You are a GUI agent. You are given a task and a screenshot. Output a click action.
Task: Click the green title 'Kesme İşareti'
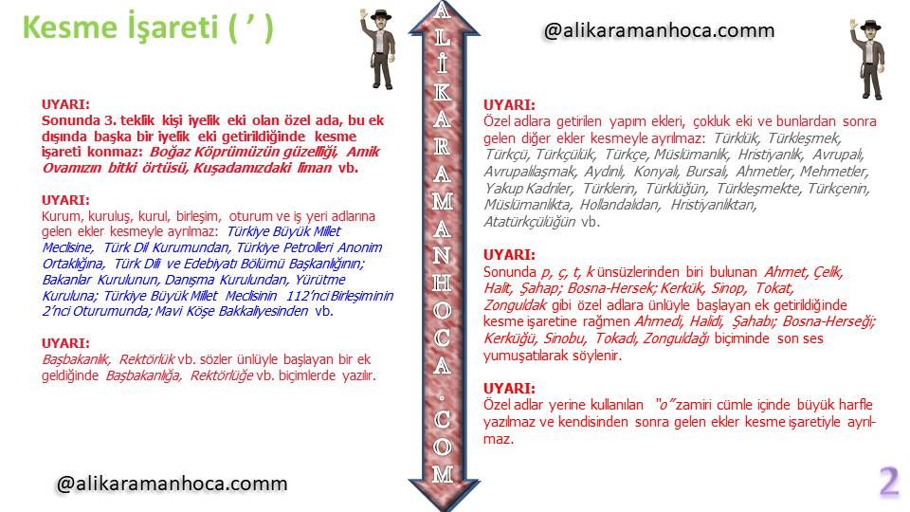tap(120, 27)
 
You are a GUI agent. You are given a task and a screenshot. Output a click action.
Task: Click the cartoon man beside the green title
tap(378, 48)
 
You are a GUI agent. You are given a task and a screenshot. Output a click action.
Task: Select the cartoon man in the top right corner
tap(868, 59)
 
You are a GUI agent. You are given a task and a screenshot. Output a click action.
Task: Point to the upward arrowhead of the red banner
tap(444, 19)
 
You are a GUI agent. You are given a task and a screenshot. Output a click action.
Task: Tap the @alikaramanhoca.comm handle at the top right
tap(659, 30)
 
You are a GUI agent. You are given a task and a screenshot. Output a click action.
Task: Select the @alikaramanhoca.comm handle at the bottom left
tap(172, 484)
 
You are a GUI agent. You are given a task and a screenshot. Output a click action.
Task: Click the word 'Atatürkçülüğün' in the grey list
tap(530, 222)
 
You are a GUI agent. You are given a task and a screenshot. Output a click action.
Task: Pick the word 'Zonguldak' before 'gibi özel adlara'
tap(516, 305)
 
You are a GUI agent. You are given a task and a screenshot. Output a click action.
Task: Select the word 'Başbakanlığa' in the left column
tap(143, 375)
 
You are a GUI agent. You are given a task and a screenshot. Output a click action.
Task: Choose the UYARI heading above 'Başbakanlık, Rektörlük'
tap(65, 343)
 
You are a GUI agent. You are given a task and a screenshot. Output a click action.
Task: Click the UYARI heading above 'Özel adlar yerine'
tap(510, 388)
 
